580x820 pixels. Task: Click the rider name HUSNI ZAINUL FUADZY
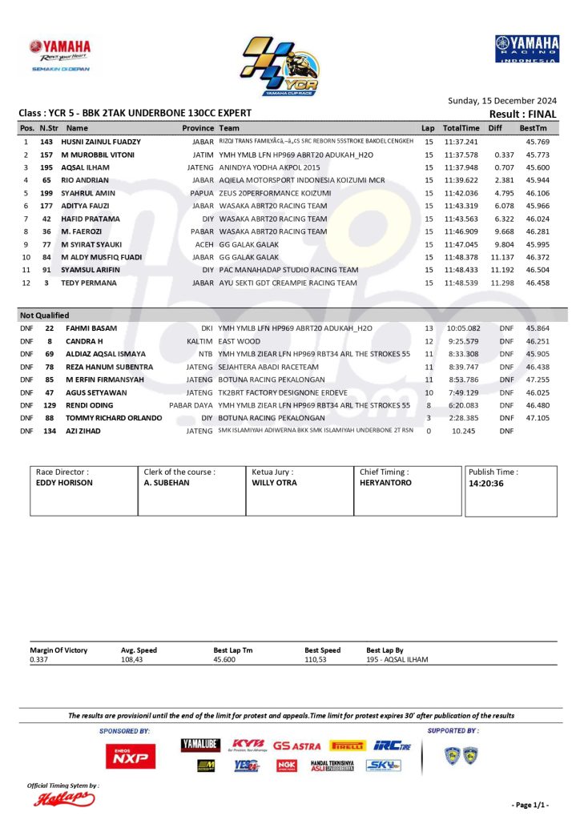[101, 141]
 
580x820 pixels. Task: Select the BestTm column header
[533, 128]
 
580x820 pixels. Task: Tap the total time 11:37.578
[461, 155]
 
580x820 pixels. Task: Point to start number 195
[46, 167]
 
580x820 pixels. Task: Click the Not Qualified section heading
[44, 316]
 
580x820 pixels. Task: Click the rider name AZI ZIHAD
[83, 431]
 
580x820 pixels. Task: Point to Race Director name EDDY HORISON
[65, 484]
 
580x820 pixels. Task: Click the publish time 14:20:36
[485, 484]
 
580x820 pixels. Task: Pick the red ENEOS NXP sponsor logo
[131, 755]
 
